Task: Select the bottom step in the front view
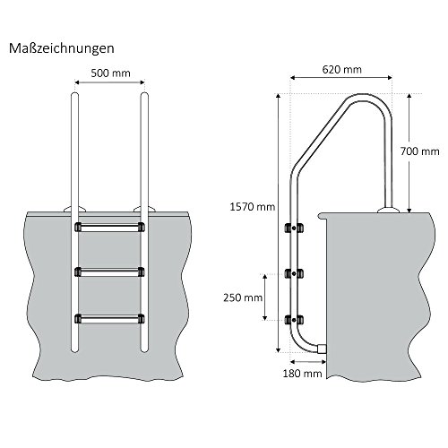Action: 108,316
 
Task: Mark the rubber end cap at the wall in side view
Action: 323,349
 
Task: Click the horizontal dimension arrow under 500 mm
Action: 108,82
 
